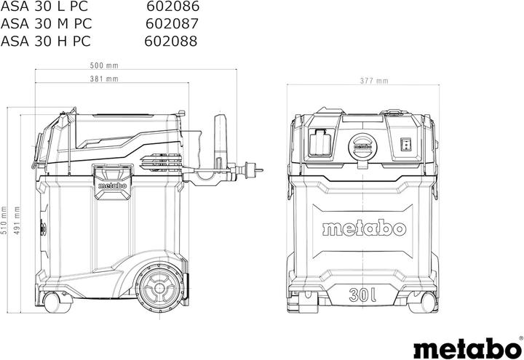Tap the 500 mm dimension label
105,66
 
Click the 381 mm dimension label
105,79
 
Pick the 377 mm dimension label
373,81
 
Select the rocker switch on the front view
406,143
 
